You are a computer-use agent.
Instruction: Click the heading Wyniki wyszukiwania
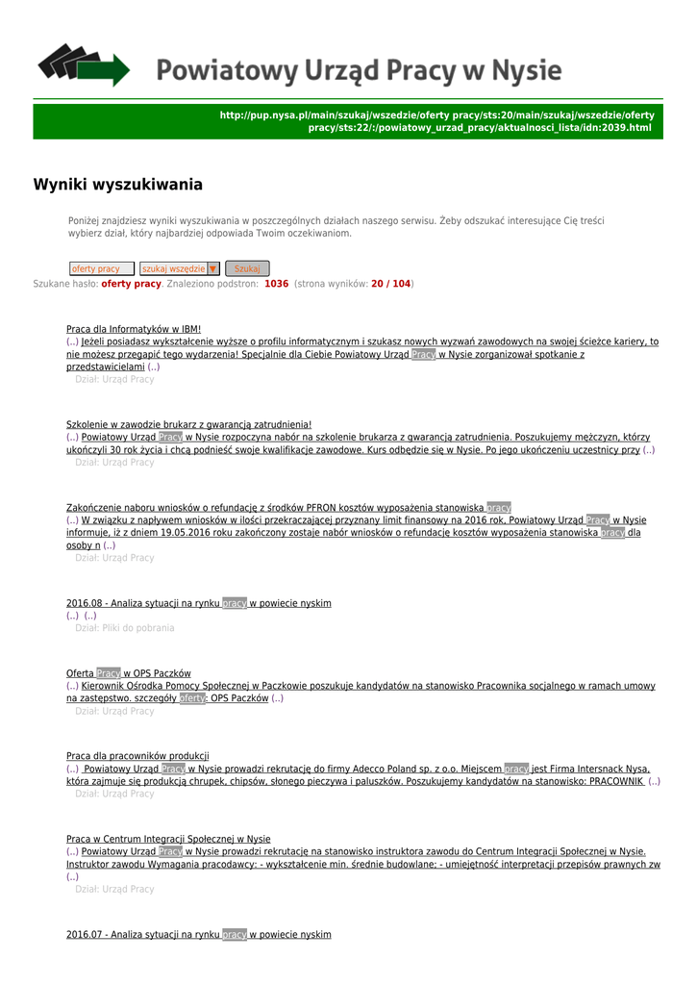pos(118,184)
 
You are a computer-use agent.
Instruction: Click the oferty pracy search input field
pos(101,269)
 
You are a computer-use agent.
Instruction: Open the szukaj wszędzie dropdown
pos(180,269)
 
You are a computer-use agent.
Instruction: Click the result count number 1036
pos(276,285)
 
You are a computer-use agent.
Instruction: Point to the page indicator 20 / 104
pos(390,285)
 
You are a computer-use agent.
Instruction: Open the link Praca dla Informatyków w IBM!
pos(134,329)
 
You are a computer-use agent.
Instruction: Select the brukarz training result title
pos(188,425)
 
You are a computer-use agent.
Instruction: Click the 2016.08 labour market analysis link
pos(198,603)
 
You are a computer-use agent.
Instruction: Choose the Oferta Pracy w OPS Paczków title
pos(129,673)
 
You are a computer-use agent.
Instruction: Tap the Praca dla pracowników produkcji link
pos(137,756)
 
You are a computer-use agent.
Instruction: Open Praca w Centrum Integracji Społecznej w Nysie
pos(168,839)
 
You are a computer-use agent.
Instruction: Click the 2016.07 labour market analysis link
pos(198,935)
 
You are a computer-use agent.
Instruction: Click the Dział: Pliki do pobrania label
pos(125,628)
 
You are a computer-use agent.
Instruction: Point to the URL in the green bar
pos(436,121)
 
